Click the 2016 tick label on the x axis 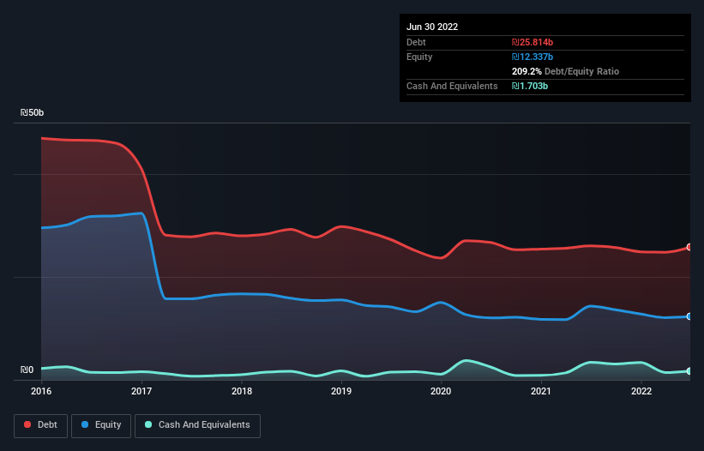pos(41,391)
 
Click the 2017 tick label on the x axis pos(141,391)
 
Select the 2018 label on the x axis pos(242,391)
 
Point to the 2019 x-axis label pos(341,391)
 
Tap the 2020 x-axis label pos(441,391)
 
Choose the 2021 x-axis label pos(541,391)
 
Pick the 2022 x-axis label pos(641,391)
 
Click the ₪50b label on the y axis pos(33,113)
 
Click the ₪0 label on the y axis pos(27,370)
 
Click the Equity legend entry pos(101,424)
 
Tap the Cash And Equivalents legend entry pos(197,424)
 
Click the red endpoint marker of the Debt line pos(689,247)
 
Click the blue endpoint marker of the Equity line pos(689,316)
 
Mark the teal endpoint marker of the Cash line pos(689,371)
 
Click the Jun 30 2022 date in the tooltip pos(432,27)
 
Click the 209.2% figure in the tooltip pos(527,71)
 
